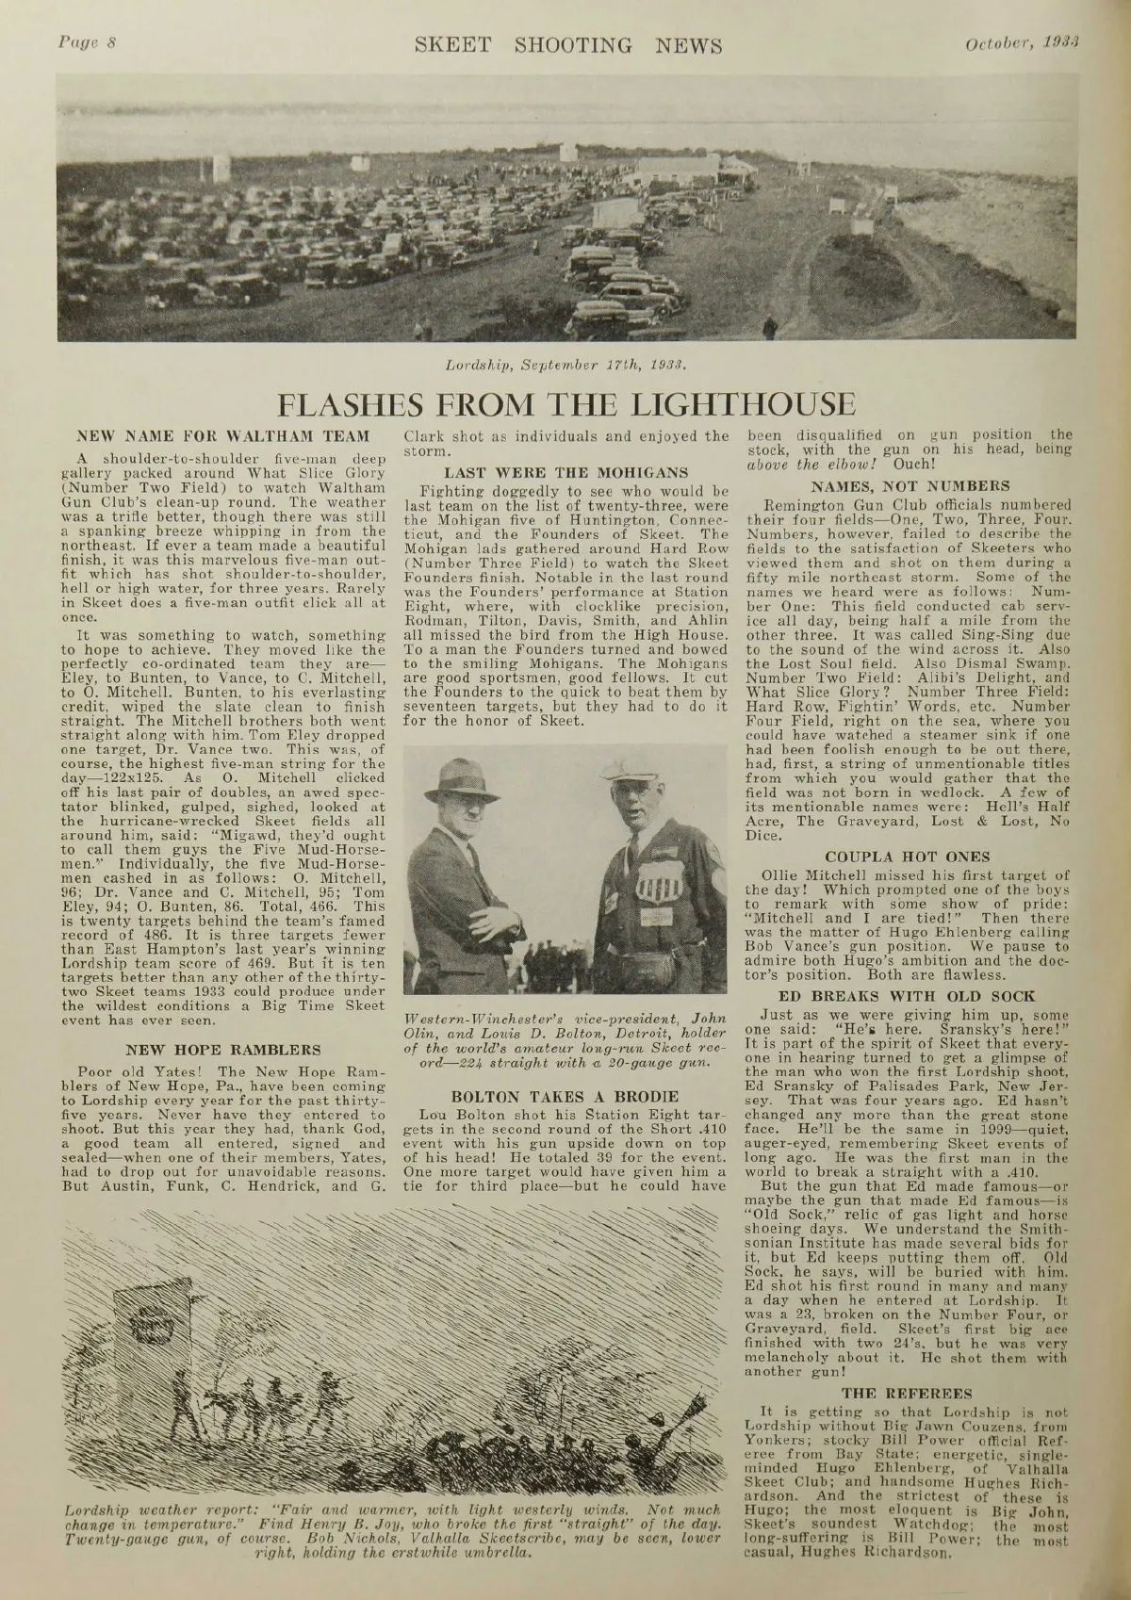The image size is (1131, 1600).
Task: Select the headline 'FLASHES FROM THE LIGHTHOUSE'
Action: tap(565, 404)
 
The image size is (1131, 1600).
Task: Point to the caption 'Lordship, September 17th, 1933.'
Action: tap(565, 363)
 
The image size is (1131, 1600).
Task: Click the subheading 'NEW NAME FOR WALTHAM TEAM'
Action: tap(223, 437)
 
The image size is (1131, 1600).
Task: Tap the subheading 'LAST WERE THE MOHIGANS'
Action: tap(565, 471)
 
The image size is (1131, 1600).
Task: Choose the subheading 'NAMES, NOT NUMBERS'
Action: tap(910, 486)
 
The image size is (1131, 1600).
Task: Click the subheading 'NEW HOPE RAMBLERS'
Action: tap(223, 1049)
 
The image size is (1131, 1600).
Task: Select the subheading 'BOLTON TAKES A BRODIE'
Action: tap(565, 1096)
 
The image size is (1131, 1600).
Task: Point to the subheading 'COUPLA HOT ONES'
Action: tap(910, 857)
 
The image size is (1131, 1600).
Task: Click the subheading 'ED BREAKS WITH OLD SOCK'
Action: tap(910, 995)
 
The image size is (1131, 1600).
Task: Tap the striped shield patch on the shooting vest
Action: tap(657, 887)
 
